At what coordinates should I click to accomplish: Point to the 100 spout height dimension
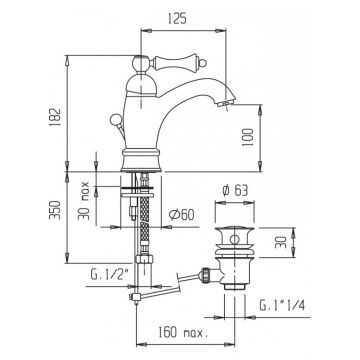[x=247, y=137]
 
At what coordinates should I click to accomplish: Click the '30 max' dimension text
[x=83, y=200]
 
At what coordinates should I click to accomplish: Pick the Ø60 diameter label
[x=181, y=215]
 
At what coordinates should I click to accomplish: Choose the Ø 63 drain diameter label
[x=235, y=191]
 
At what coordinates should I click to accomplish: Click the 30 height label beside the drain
[x=281, y=242]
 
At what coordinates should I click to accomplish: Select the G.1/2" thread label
[x=110, y=275]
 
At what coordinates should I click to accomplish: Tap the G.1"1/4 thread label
[x=282, y=305]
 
